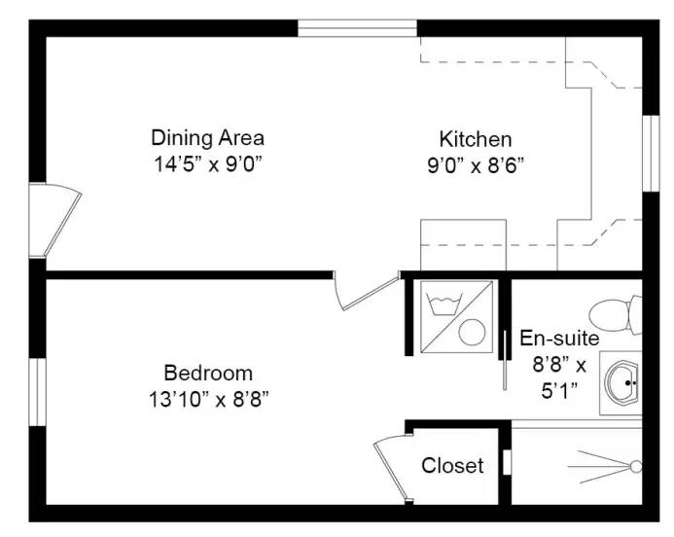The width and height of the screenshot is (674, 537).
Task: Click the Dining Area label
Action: click(x=207, y=137)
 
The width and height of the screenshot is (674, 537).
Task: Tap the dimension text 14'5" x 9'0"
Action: click(x=207, y=162)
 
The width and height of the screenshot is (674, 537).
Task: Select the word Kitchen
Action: click(x=475, y=138)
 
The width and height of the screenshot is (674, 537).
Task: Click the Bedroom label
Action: click(x=208, y=373)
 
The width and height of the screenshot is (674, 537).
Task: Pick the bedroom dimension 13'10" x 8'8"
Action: click(x=208, y=397)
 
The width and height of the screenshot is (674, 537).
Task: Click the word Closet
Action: click(x=452, y=466)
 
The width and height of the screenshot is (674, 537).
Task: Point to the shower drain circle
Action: click(x=636, y=467)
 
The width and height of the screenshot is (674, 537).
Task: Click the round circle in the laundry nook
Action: click(x=473, y=332)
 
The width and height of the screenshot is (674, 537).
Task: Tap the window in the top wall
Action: click(x=357, y=27)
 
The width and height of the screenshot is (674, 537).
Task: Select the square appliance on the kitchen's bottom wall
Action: click(x=463, y=245)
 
